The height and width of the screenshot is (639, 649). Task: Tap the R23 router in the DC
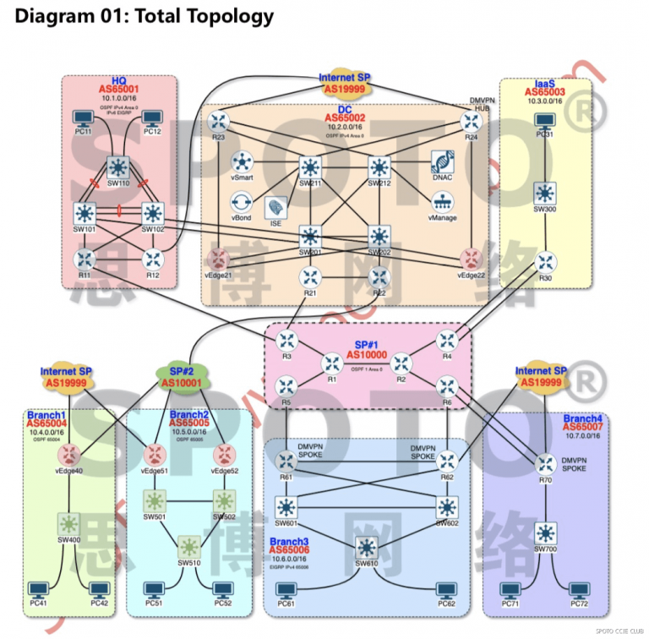(220, 121)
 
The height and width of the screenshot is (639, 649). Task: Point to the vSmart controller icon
(243, 161)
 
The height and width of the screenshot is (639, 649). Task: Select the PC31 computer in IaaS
(544, 119)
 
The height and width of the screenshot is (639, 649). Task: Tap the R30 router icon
(544, 262)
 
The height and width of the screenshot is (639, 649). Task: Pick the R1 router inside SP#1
(332, 363)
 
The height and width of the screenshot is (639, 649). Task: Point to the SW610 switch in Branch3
(367, 547)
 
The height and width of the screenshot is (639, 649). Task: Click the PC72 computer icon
(578, 590)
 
